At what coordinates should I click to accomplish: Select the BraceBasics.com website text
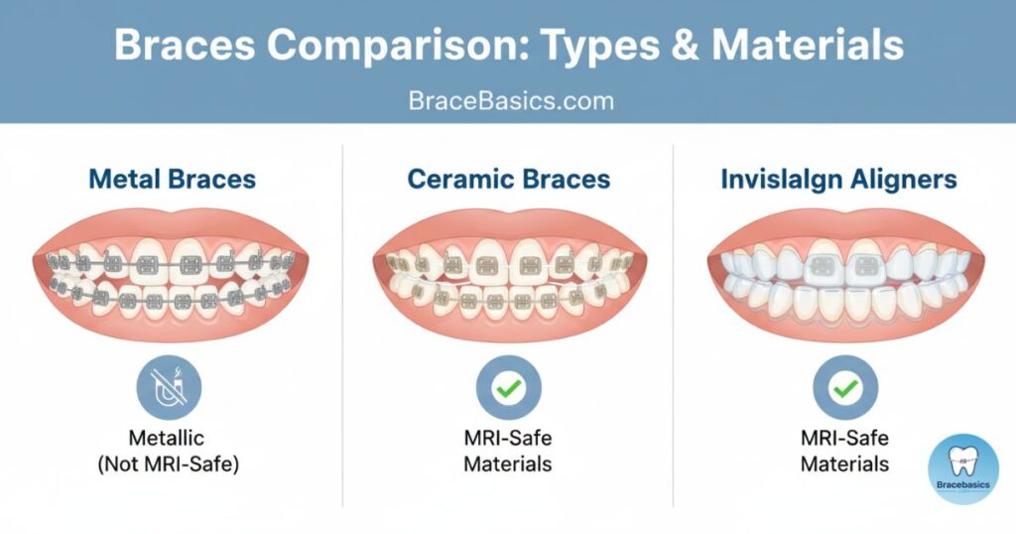coord(511,101)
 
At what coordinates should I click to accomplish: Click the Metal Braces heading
coord(173,179)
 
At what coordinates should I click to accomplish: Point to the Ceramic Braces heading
coord(509,179)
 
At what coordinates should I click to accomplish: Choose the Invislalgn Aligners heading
coord(839,179)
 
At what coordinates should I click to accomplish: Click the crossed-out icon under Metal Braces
coord(169,387)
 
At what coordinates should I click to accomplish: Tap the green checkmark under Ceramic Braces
coord(509,387)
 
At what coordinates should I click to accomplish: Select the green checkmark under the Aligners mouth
coord(845,387)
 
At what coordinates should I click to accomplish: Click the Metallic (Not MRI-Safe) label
coord(168,451)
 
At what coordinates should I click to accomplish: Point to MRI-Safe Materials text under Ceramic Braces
coord(508,451)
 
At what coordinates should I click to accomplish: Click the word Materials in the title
coord(808,46)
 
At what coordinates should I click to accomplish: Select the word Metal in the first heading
coord(122,179)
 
